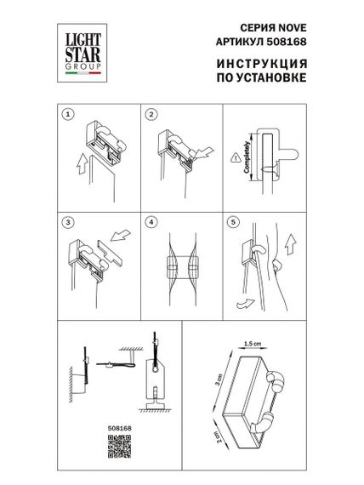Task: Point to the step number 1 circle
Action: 67,114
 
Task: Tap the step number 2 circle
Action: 151,114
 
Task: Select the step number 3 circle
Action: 67,222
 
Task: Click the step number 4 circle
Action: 151,222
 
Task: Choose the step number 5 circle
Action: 234,222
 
